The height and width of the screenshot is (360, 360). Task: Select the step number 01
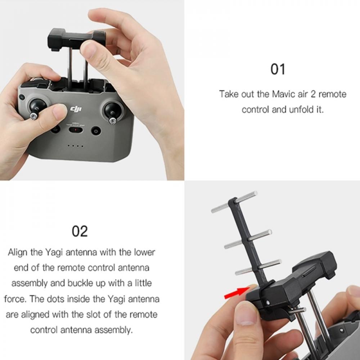point(278,69)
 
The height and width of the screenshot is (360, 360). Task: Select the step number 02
point(80,231)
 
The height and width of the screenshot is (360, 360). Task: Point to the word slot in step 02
point(94,314)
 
